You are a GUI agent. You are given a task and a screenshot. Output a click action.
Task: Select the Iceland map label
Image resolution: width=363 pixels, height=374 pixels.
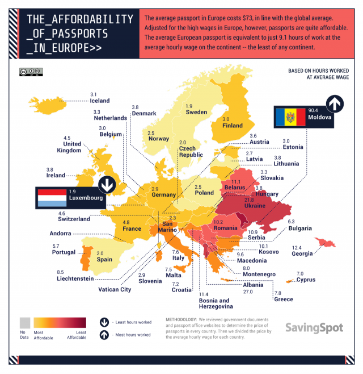100,101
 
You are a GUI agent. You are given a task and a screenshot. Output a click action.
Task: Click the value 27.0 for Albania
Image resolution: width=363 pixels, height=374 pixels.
247,292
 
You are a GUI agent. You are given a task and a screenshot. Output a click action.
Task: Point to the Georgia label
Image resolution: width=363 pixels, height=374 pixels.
302,255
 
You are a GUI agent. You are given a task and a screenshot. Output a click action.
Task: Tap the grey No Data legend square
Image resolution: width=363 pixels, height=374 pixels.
24,322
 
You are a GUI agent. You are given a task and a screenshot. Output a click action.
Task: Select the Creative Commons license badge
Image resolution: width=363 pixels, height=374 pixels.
31,72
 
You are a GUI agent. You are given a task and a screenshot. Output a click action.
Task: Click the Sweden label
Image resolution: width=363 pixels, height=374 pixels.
196,112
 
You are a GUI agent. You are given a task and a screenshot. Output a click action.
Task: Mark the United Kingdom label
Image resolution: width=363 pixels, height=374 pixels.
69,147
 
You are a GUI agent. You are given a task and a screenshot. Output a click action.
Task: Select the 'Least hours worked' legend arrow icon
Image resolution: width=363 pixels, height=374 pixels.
104,321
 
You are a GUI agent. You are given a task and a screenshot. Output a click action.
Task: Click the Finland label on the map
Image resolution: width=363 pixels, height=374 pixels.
232,126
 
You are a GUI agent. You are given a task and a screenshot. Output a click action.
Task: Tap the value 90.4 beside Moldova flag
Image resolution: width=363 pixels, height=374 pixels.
314,110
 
